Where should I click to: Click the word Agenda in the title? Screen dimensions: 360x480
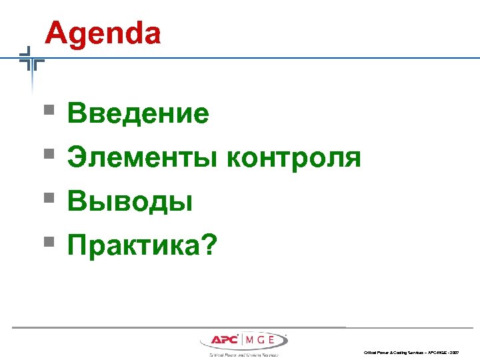(x=103, y=33)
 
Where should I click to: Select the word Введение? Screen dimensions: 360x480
(x=138, y=114)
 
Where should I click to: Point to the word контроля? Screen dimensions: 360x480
(x=294, y=158)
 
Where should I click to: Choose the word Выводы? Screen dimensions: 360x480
(x=130, y=202)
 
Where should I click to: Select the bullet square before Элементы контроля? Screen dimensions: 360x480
(x=49, y=154)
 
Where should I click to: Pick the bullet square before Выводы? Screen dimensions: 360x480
(x=49, y=198)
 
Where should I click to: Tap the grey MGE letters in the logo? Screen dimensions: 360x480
(x=263, y=341)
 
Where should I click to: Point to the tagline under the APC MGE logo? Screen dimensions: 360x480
(x=243, y=355)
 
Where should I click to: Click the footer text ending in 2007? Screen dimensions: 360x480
(x=411, y=352)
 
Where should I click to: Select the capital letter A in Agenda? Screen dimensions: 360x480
(x=57, y=33)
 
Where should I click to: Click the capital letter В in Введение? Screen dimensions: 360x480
(x=75, y=114)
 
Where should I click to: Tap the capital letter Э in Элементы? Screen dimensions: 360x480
(x=75, y=158)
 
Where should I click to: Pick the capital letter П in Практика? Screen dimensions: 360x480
(x=77, y=246)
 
